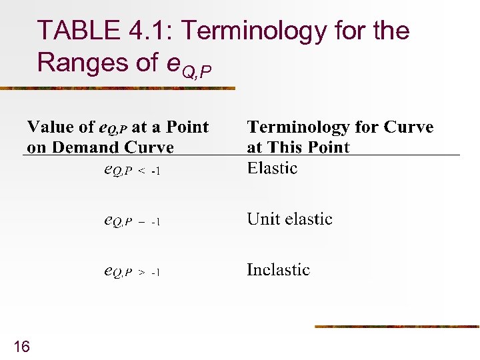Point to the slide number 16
point(21,346)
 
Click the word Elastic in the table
point(272,168)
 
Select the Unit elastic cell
point(289,219)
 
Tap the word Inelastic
point(278,270)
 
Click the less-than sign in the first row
point(142,171)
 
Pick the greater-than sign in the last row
point(142,273)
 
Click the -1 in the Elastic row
point(155,171)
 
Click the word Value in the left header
point(51,127)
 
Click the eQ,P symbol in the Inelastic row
point(118,271)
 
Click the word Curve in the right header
point(408,127)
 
